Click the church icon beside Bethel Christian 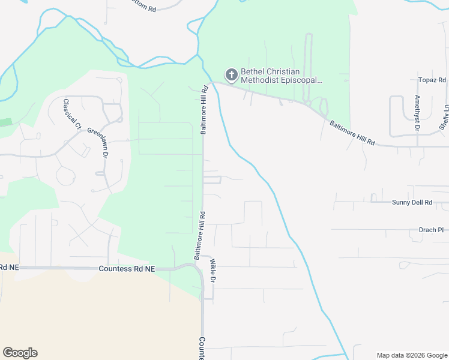click(231, 75)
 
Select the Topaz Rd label click(432, 80)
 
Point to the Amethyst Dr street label click(417, 113)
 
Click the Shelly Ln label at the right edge click(445, 117)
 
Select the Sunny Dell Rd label click(412, 203)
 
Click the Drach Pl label click(431, 230)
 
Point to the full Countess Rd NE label click(127, 269)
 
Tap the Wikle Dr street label click(212, 272)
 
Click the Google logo click(20, 353)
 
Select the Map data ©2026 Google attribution click(411, 355)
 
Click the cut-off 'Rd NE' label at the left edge click(10, 268)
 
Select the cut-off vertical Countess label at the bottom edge click(202, 349)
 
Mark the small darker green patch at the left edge click(5, 122)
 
